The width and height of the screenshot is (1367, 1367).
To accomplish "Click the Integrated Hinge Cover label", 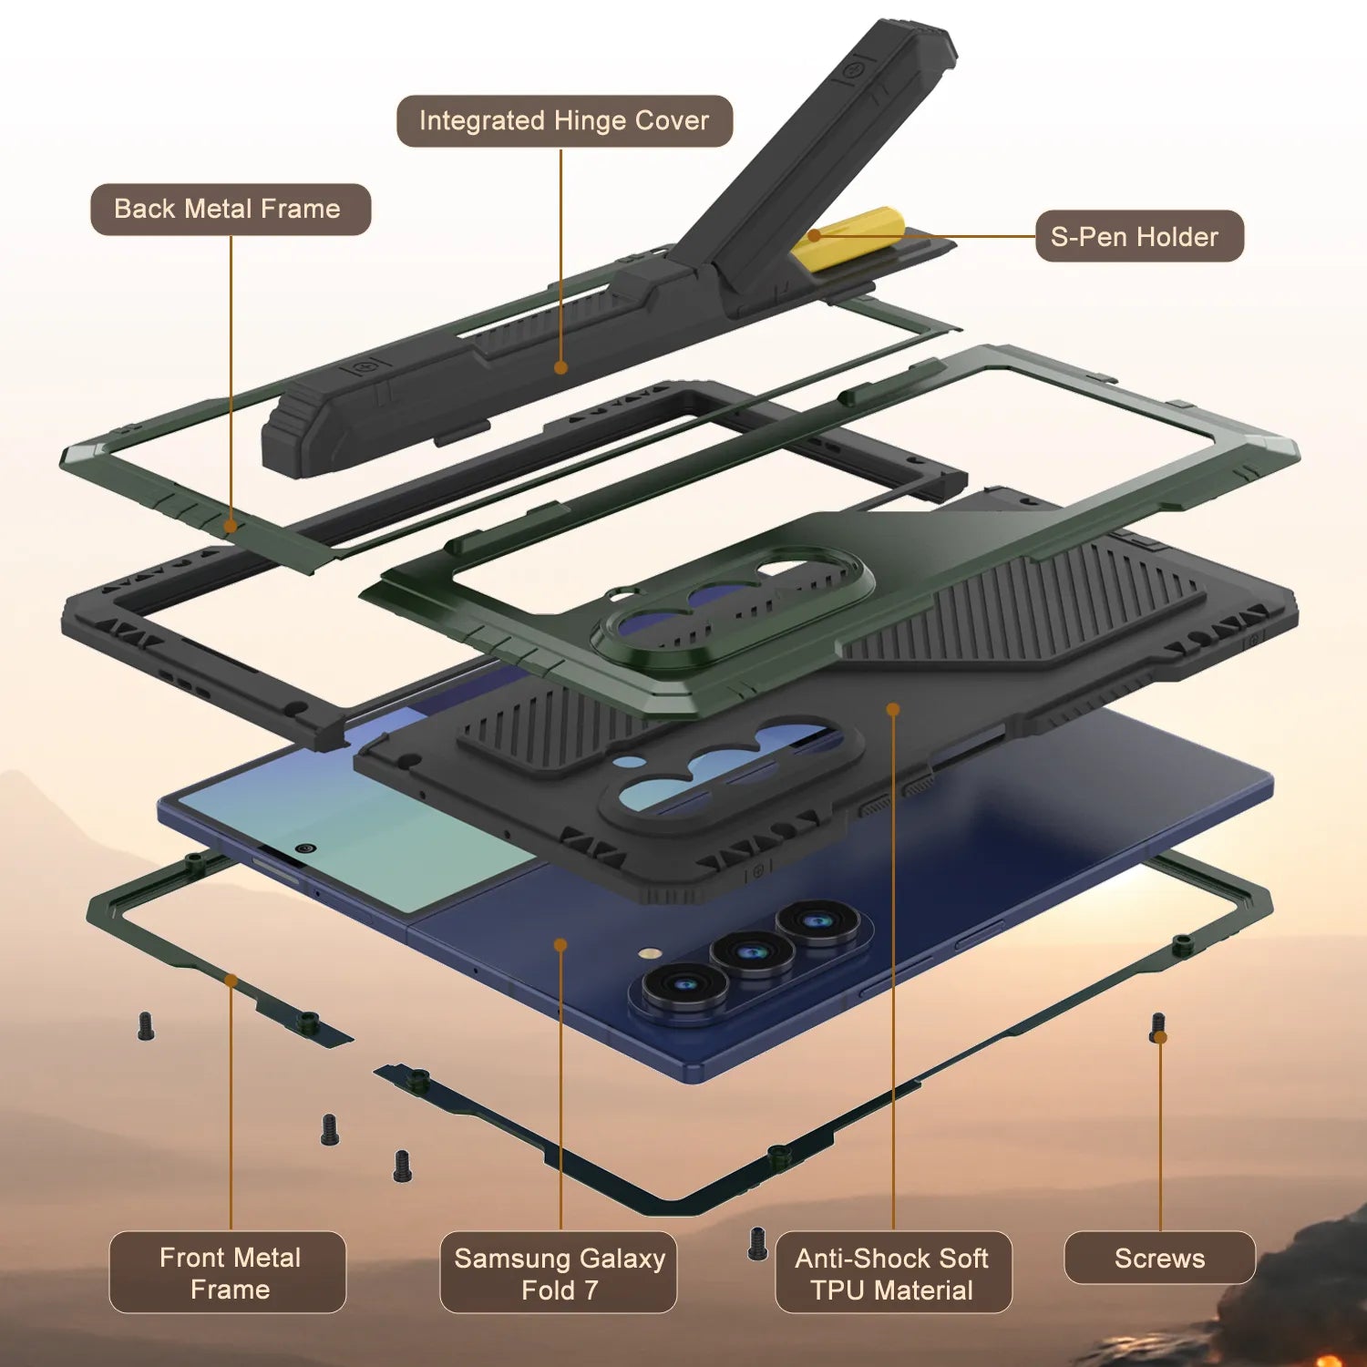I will click(564, 121).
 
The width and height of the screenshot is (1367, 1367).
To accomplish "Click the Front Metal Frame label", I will click(229, 1272).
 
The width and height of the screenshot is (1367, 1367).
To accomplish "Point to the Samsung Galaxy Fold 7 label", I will click(559, 1273).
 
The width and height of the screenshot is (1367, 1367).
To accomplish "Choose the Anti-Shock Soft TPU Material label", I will click(892, 1273).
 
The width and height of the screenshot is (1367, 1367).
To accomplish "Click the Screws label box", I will click(1159, 1259).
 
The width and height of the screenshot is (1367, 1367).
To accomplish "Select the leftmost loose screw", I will click(145, 1027).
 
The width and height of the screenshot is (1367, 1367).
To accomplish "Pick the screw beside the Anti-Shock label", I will click(756, 1244).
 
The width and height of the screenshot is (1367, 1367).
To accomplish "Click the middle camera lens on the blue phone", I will click(752, 953).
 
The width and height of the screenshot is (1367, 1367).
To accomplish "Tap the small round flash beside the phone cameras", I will click(650, 953).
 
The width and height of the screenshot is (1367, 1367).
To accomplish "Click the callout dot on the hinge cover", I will click(560, 367).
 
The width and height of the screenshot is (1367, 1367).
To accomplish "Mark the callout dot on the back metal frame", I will click(231, 526).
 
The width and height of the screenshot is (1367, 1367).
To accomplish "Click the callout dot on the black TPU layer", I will click(893, 709).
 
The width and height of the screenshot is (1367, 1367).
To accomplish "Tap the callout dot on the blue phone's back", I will click(560, 945).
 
